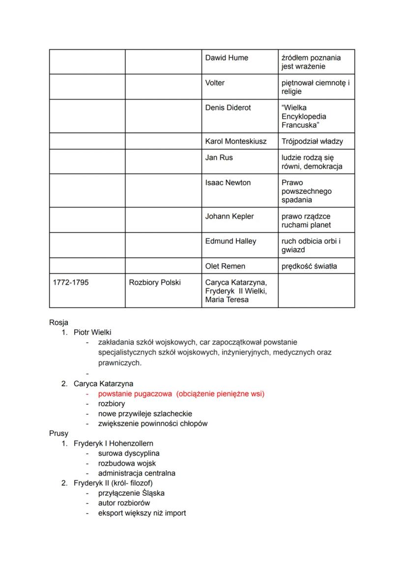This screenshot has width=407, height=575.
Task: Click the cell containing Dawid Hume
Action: (x=227, y=58)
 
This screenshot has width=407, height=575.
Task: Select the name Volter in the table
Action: (x=215, y=83)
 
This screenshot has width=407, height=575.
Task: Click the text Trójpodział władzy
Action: (x=312, y=142)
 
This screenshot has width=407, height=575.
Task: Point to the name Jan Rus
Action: (x=219, y=158)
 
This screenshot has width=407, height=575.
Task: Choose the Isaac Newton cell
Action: (x=228, y=183)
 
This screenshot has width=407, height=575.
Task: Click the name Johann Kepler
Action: (x=230, y=216)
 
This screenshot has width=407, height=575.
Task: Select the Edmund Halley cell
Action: (x=231, y=242)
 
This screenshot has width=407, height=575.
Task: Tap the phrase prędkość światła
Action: (x=309, y=267)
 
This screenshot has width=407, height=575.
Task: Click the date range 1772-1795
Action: (x=71, y=283)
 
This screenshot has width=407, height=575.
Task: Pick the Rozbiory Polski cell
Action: (x=155, y=283)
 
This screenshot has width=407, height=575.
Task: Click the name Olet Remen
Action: (x=225, y=267)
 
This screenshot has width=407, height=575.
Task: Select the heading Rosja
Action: (x=58, y=323)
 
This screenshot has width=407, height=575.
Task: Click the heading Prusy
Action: (x=58, y=433)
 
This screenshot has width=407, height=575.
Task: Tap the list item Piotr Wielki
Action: (x=92, y=333)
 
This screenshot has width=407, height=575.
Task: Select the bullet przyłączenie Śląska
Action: (x=131, y=493)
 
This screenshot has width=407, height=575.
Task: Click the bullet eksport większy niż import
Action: (x=142, y=514)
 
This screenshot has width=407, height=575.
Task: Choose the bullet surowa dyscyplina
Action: (x=129, y=454)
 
